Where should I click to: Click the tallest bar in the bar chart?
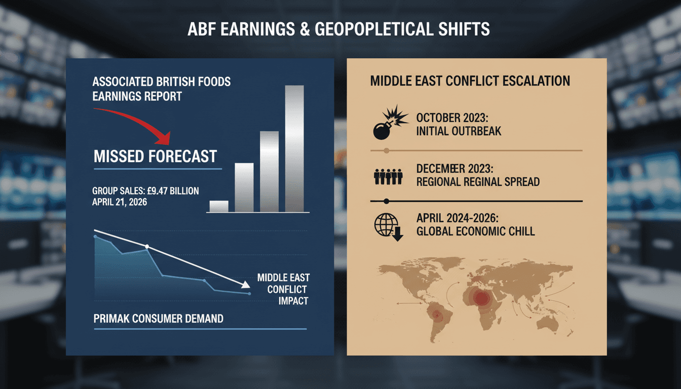[294, 148]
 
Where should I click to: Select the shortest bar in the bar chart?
[219, 206]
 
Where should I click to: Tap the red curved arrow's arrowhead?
[165, 138]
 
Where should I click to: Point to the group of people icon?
[388, 176]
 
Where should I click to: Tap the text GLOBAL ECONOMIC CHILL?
[475, 231]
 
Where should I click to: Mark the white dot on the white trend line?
[147, 247]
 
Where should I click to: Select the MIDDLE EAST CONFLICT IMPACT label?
[283, 289]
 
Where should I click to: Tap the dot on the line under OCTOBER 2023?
[387, 150]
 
